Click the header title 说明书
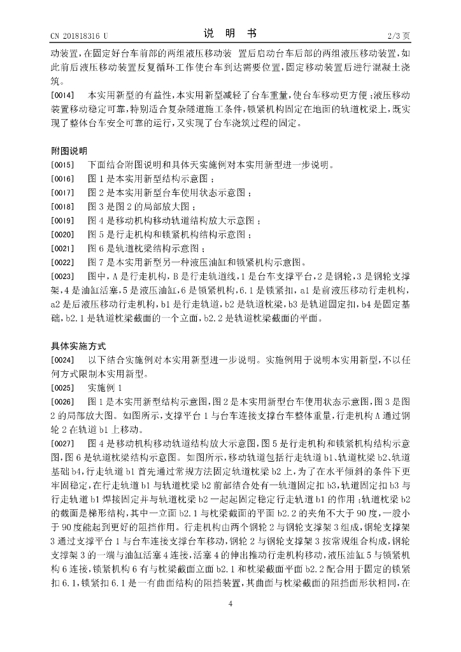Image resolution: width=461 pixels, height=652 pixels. tap(230, 32)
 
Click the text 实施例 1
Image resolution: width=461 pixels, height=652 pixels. tap(104, 388)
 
